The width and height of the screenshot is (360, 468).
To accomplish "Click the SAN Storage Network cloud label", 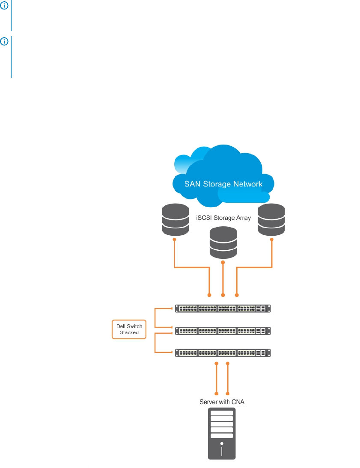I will [223, 184].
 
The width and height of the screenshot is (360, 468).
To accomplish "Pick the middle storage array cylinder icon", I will [223, 243].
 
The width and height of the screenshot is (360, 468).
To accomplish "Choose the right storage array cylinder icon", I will [272, 220].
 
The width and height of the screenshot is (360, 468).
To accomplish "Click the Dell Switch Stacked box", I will [129, 329].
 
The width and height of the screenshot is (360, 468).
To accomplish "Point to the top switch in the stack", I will [223, 308].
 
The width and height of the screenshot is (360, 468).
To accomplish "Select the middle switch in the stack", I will [223, 330].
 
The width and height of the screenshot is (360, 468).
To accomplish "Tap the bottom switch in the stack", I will [223, 353].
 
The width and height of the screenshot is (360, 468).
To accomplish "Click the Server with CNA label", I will [222, 402].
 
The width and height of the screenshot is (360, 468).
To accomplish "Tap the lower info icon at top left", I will [4, 41].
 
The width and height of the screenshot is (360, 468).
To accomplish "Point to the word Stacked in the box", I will [129, 332].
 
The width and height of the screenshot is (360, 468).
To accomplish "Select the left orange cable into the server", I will [217, 378].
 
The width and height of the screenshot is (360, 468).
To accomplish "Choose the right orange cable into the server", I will [228, 378].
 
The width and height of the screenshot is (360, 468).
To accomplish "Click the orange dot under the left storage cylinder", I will [174, 240].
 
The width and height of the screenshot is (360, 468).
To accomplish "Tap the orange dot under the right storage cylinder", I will [272, 240].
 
